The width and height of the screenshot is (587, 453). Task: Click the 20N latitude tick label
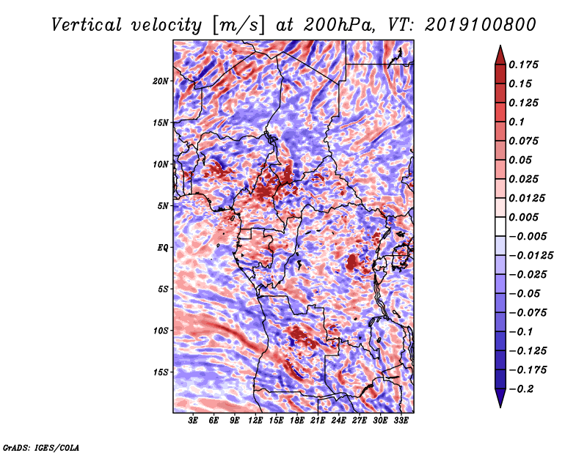[160, 81]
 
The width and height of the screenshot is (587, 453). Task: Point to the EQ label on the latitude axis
[162, 248]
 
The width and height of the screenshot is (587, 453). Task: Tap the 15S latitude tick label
[161, 372]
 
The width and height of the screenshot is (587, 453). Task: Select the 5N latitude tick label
[163, 206]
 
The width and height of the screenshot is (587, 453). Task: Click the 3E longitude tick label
[193, 421]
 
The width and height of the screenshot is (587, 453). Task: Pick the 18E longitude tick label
[297, 421]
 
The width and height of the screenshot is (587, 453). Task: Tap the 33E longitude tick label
[401, 421]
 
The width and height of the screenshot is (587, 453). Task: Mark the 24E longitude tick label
[338, 421]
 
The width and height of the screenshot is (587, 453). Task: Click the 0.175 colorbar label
[523, 65]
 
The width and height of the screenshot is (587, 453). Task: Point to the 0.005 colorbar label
[523, 217]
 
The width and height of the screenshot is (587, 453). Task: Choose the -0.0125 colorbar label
[531, 256]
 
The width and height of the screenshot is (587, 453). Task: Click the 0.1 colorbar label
[517, 122]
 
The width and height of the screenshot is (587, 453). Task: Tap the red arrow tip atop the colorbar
[500, 46]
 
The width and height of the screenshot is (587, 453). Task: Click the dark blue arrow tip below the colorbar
[500, 406]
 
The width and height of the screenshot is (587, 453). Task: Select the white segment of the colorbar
[500, 226]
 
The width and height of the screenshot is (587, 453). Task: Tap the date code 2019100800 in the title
[481, 25]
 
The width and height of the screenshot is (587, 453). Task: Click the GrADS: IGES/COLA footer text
[41, 448]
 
